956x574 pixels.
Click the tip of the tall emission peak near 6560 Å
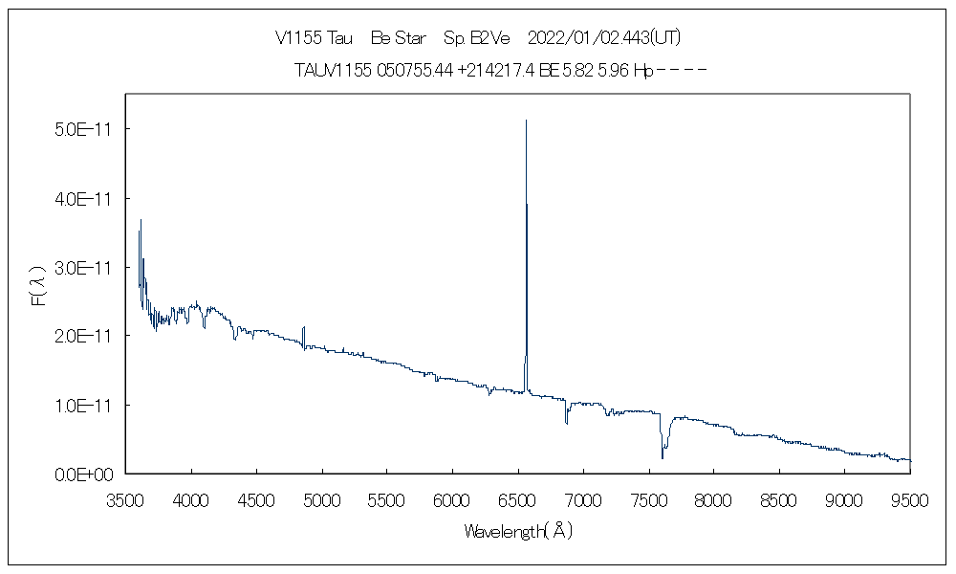click(526, 121)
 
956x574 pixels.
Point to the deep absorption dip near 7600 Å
click(662, 456)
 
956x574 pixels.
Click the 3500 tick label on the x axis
click(126, 499)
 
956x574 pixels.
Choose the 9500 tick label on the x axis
click(909, 499)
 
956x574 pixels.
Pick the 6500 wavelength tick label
click(517, 499)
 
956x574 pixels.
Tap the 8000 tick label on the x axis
click(713, 499)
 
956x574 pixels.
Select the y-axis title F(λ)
click(38, 287)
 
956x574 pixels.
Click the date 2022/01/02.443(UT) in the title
click(604, 38)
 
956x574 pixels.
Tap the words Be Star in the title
click(398, 38)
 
